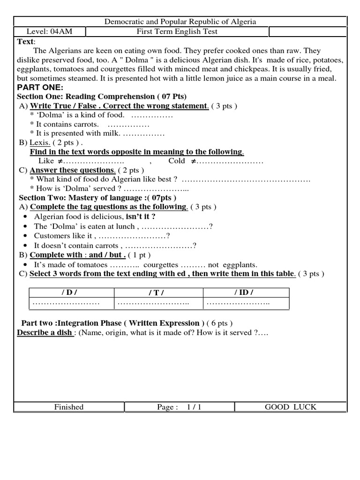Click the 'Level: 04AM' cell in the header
[x=44, y=32]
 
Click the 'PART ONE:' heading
[x=40, y=88]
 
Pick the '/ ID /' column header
[x=244, y=292]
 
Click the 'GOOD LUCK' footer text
[x=291, y=407]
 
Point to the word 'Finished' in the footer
[x=69, y=407]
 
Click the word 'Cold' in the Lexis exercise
[x=177, y=161]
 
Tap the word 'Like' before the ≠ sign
[x=46, y=161]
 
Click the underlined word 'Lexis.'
[x=40, y=142]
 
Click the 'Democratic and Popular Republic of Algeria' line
[x=180, y=22]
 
